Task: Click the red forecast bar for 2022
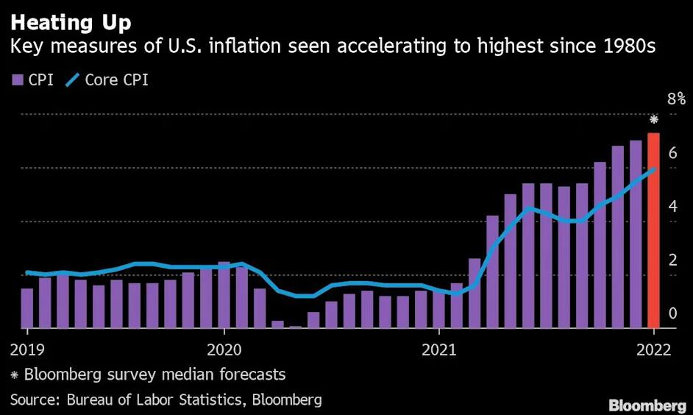coord(653,230)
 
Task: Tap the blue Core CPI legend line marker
coord(72,80)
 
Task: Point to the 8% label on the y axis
coord(676,99)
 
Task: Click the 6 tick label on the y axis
coord(672,152)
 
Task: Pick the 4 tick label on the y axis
coord(672,206)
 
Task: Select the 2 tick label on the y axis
coord(672,260)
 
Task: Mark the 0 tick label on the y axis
coord(672,313)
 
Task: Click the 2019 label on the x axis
coord(27,349)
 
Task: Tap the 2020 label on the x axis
coord(224,349)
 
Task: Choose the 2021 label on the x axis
coord(439,349)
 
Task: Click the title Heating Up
coord(71,23)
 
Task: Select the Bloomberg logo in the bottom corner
coord(647,405)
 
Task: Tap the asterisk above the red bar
coord(653,120)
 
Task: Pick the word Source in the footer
coord(32,400)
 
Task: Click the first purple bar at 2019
coord(27,308)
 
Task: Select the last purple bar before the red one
coord(635,234)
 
